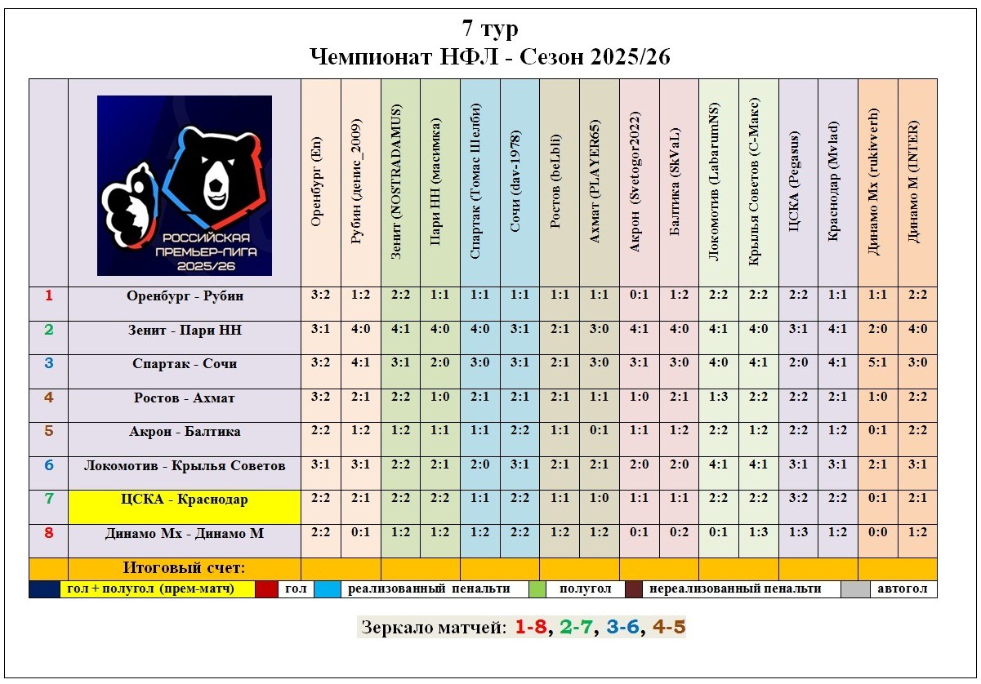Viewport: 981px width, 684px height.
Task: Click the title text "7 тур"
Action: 490,29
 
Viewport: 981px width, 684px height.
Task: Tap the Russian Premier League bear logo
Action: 185,185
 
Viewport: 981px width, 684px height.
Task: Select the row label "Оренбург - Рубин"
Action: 185,295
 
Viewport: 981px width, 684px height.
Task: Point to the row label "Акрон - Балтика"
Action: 185,431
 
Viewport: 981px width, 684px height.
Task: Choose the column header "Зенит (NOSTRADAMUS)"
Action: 400,181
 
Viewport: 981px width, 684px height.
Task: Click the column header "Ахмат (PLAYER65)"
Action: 600,181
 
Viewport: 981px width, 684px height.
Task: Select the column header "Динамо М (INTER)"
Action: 917,181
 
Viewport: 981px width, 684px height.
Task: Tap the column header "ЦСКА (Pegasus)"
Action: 798,181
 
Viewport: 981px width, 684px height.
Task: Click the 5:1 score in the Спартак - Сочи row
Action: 877,363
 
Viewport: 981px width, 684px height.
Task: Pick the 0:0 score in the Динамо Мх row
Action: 877,532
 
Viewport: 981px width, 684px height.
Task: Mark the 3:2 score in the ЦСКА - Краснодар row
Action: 798,498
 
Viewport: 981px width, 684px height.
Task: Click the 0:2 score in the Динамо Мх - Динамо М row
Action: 679,532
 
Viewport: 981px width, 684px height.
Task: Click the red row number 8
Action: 48,532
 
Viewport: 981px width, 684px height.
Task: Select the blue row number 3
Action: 48,363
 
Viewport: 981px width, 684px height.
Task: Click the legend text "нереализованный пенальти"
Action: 742,589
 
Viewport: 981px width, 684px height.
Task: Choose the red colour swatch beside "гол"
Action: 266,589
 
